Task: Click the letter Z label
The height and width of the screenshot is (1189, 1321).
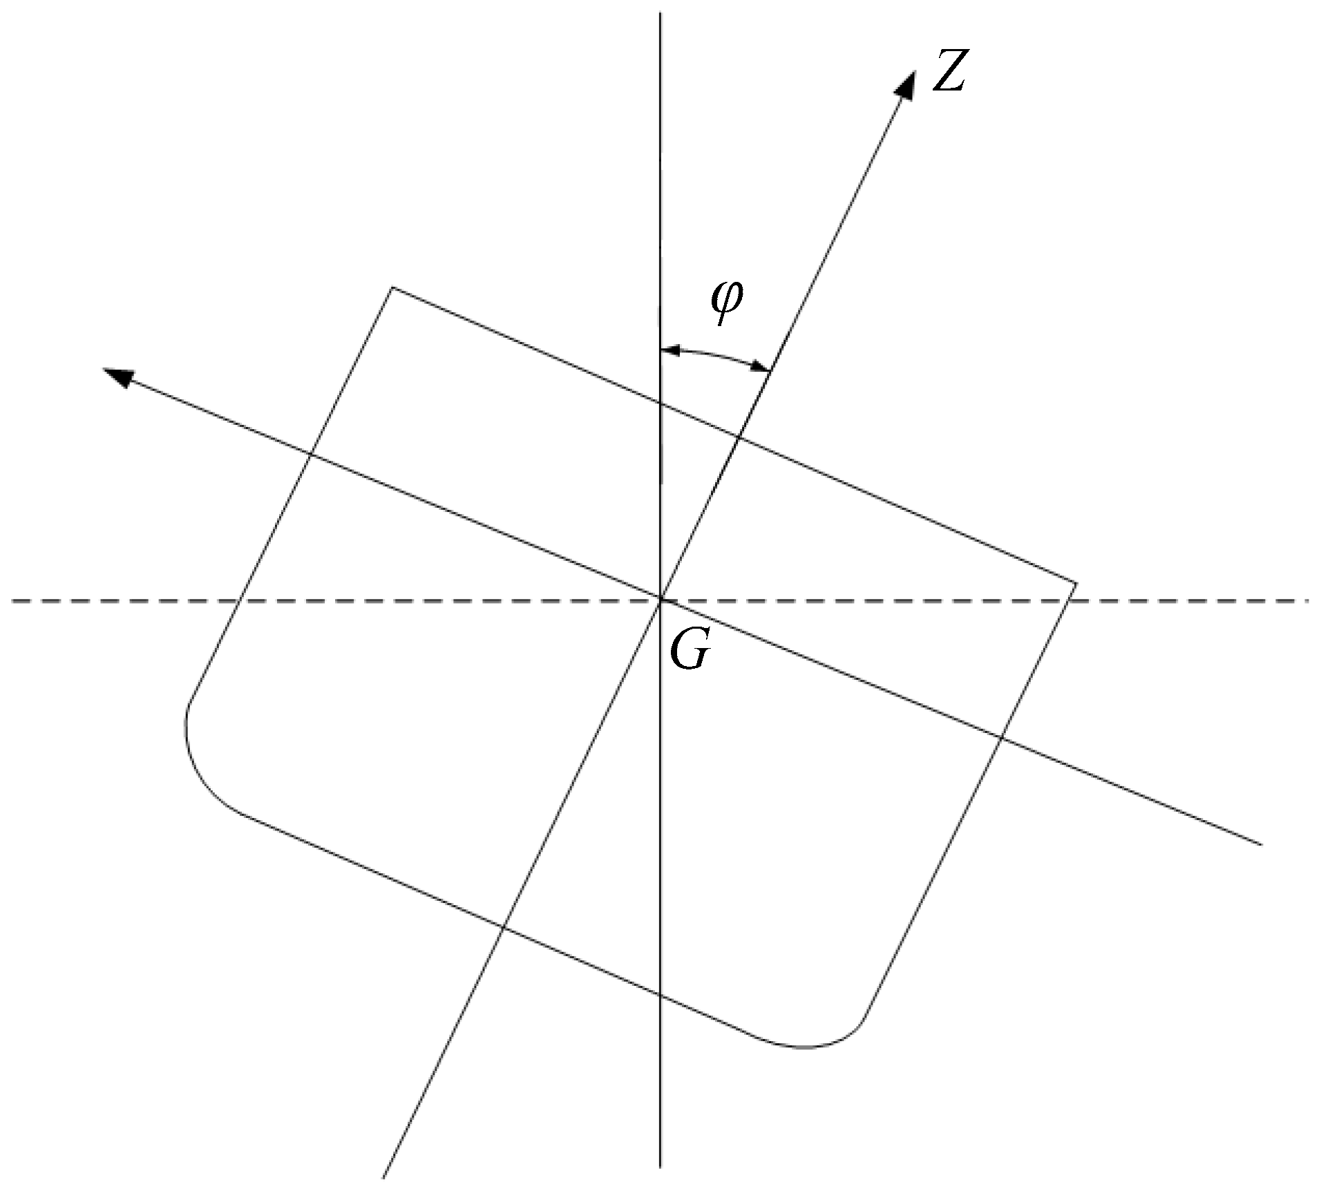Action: tap(948, 71)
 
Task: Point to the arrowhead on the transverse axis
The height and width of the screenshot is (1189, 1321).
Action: tap(116, 376)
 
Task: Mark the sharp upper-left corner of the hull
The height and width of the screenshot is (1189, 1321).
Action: tap(392, 287)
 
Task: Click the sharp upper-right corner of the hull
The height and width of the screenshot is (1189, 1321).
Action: tap(1076, 584)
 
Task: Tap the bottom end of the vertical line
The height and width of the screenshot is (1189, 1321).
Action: tap(660, 1166)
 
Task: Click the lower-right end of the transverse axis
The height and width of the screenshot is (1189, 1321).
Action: tap(1262, 844)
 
